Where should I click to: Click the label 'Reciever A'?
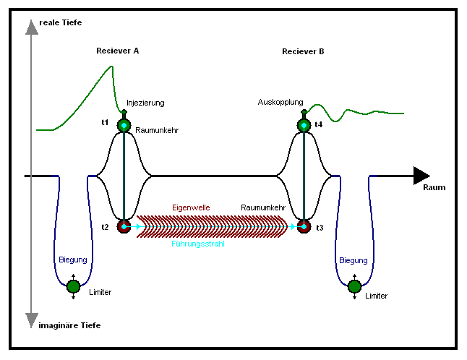[x=117, y=51]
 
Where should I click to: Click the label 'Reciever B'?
[x=303, y=51]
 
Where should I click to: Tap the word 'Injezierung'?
[x=146, y=103]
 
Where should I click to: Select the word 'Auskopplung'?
[x=280, y=103]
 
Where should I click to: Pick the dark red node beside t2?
[x=124, y=227]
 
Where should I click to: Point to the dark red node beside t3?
[x=303, y=227]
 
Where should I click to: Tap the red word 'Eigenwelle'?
[x=191, y=207]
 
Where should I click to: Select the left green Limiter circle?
[x=73, y=287]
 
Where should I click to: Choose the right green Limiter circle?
[x=354, y=287]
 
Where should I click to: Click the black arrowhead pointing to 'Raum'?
[x=421, y=176]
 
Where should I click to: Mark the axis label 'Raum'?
[x=434, y=188]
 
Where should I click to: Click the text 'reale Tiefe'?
[x=61, y=23]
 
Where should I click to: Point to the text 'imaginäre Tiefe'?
[x=70, y=326]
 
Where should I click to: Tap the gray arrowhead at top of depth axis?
[x=31, y=27]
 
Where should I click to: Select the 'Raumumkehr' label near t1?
[x=157, y=131]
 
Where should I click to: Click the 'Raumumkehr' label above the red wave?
[x=262, y=207]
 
